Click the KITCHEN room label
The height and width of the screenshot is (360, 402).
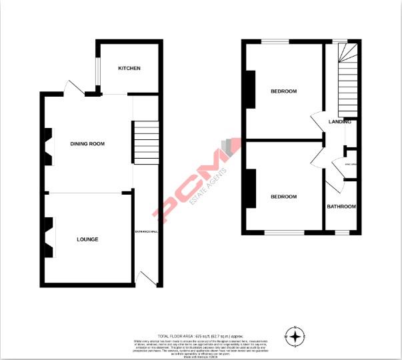tap(129, 69)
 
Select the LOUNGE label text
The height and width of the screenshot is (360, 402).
tap(87, 239)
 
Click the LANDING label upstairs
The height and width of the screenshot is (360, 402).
tap(340, 122)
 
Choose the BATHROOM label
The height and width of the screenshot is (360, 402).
tap(341, 207)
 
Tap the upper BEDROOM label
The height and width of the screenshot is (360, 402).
tap(283, 91)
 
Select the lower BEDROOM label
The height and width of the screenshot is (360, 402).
tap(283, 197)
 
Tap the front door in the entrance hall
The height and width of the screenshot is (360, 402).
tap(145, 279)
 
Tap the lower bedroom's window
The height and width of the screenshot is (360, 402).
tap(285, 233)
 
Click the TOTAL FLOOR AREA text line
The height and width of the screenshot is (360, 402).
tap(201, 335)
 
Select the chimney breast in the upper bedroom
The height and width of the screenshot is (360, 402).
tap(251, 89)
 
